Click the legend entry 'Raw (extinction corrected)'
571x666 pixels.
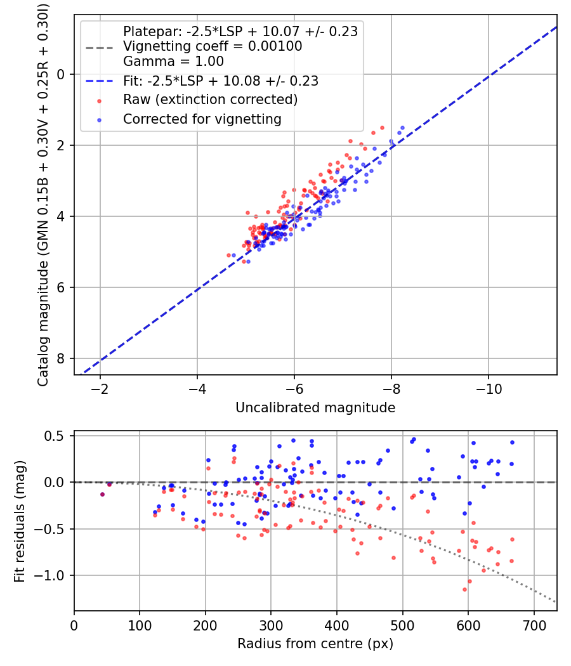coord(210,100)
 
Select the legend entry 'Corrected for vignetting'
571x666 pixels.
coord(202,119)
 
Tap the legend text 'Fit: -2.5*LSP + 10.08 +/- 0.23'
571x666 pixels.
coord(221,81)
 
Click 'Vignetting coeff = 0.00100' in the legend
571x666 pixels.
coord(213,46)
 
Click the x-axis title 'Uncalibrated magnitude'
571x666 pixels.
coord(315,408)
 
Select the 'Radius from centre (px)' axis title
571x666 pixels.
coord(315,644)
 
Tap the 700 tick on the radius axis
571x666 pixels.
coord(534,625)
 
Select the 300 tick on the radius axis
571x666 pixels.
coord(271,625)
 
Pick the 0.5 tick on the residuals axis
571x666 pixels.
coord(58,436)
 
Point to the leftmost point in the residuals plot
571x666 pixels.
coord(102,494)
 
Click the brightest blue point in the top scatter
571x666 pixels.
coord(402,127)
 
